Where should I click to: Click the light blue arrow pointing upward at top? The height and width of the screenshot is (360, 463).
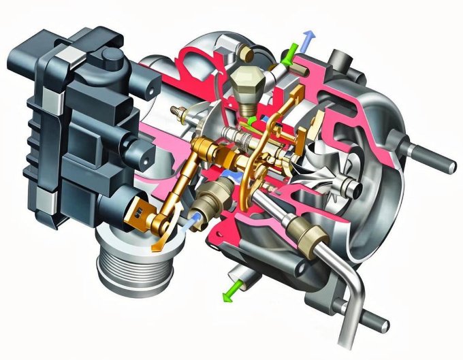(308, 38)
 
